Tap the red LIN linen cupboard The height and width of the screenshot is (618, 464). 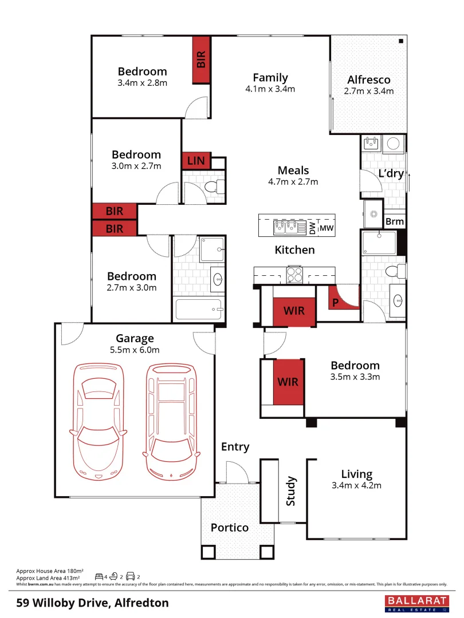196,161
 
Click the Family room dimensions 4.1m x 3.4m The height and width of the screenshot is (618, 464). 270,89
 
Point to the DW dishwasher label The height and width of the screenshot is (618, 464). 312,228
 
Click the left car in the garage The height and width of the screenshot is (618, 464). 98,421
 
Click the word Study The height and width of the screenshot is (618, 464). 290,491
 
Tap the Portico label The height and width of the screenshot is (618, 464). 229,527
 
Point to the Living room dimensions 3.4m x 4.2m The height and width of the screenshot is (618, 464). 357,485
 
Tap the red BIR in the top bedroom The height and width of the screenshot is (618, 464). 201,60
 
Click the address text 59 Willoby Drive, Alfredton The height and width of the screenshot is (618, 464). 92,603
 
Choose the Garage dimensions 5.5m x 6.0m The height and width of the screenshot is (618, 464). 135,350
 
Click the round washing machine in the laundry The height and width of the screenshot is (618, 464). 393,144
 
